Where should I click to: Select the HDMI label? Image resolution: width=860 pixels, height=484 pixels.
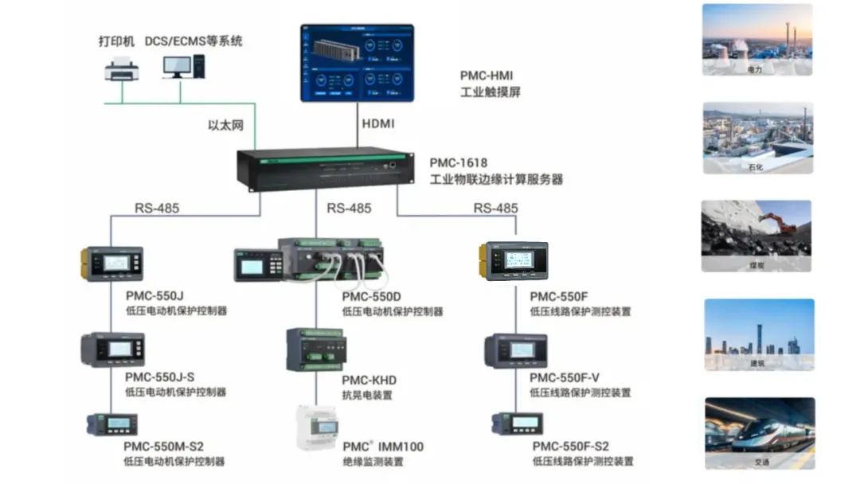coord(378,124)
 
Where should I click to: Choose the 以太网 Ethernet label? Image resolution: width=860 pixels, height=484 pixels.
coord(224,125)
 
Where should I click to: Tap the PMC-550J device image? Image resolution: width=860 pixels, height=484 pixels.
coord(111,263)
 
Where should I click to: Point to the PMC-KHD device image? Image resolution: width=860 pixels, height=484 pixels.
coord(316,349)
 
